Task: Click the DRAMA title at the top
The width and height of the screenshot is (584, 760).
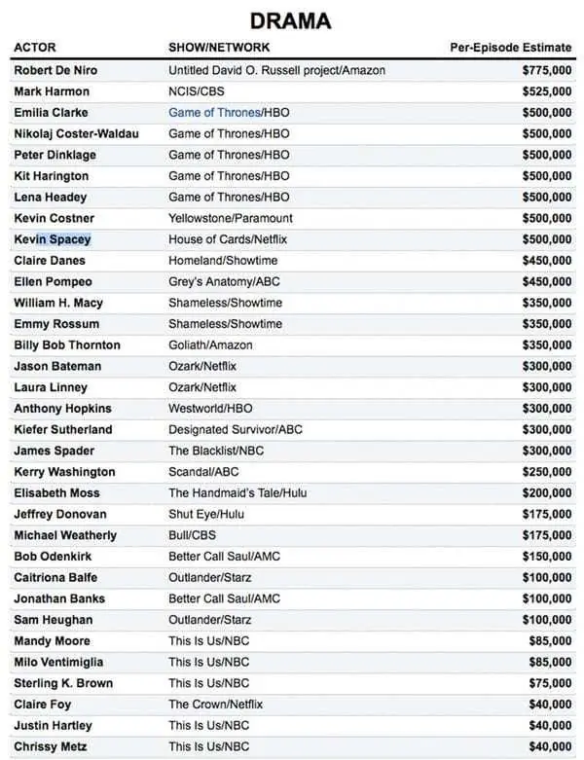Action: pyautogui.click(x=290, y=20)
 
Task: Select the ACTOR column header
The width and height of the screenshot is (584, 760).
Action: pyautogui.click(x=35, y=48)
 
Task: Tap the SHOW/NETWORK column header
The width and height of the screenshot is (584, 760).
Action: pyautogui.click(x=219, y=48)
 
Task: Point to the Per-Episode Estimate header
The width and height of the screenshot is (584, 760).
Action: pyautogui.click(x=510, y=48)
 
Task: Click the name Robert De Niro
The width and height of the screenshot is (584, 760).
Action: pyautogui.click(x=55, y=71)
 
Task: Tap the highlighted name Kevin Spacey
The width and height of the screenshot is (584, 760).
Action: pyautogui.click(x=53, y=239)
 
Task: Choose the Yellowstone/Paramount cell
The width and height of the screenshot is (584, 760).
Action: pyautogui.click(x=231, y=218)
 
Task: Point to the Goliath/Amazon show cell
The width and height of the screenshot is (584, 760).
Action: pyautogui.click(x=210, y=345)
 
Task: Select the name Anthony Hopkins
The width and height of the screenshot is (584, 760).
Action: pyautogui.click(x=62, y=409)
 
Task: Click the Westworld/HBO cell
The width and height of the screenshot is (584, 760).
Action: pyautogui.click(x=210, y=409)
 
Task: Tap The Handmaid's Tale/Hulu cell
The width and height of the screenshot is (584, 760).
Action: pyautogui.click(x=237, y=493)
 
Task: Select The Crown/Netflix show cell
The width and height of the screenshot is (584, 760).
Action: pyautogui.click(x=216, y=705)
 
